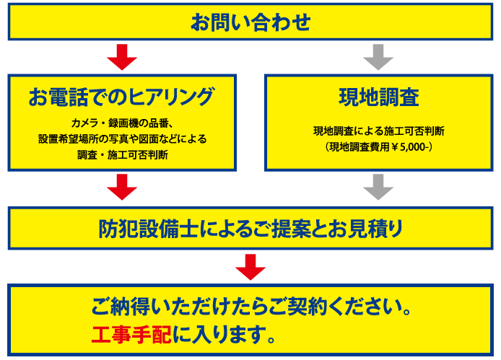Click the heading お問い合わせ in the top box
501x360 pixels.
(x=250, y=22)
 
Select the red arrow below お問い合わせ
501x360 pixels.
(x=122, y=57)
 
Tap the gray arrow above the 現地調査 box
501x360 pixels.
(x=378, y=57)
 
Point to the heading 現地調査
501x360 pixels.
(x=378, y=95)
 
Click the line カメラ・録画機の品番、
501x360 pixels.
(x=122, y=122)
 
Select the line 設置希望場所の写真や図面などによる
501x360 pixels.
(x=122, y=138)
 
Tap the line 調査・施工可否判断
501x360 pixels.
(x=122, y=154)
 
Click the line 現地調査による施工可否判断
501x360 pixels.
(x=378, y=131)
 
